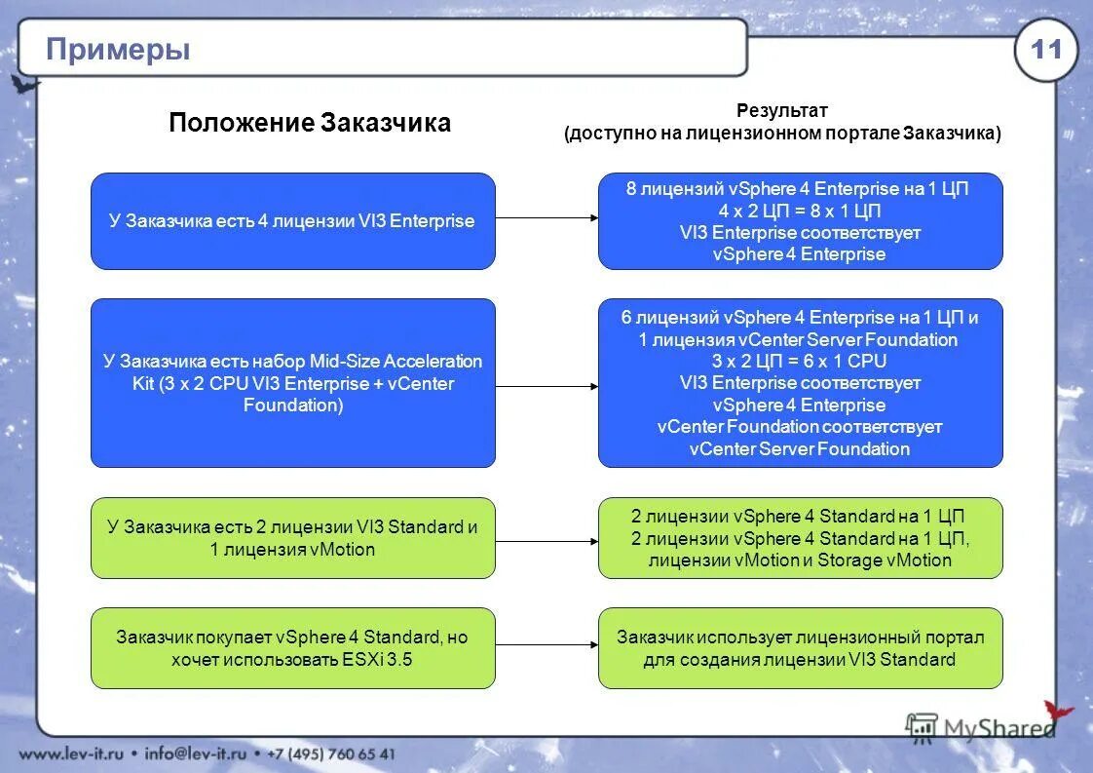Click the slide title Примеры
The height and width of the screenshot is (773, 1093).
(118, 49)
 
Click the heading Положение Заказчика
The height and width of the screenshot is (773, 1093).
(309, 123)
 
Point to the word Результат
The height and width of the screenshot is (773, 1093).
(781, 111)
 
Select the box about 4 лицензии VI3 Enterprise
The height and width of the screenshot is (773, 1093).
(292, 221)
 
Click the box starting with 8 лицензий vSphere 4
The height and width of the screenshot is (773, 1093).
(800, 221)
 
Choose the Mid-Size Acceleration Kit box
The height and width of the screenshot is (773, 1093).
(292, 383)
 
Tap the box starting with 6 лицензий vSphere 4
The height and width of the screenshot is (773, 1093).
(800, 383)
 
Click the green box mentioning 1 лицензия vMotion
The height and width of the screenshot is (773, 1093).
(292, 538)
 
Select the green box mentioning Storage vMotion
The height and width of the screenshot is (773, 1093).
(800, 538)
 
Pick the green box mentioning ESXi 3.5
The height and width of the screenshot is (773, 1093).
(292, 648)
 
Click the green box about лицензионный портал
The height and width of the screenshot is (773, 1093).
(800, 648)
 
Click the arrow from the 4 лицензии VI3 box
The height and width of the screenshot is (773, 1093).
(546, 218)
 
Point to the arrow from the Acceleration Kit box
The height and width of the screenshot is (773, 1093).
(546, 386)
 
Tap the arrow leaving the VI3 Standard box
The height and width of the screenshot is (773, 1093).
(546, 541)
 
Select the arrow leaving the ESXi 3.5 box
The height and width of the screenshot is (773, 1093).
(546, 644)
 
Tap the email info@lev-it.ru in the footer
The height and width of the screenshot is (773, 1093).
(199, 754)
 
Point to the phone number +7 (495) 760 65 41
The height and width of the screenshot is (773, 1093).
(332, 754)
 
